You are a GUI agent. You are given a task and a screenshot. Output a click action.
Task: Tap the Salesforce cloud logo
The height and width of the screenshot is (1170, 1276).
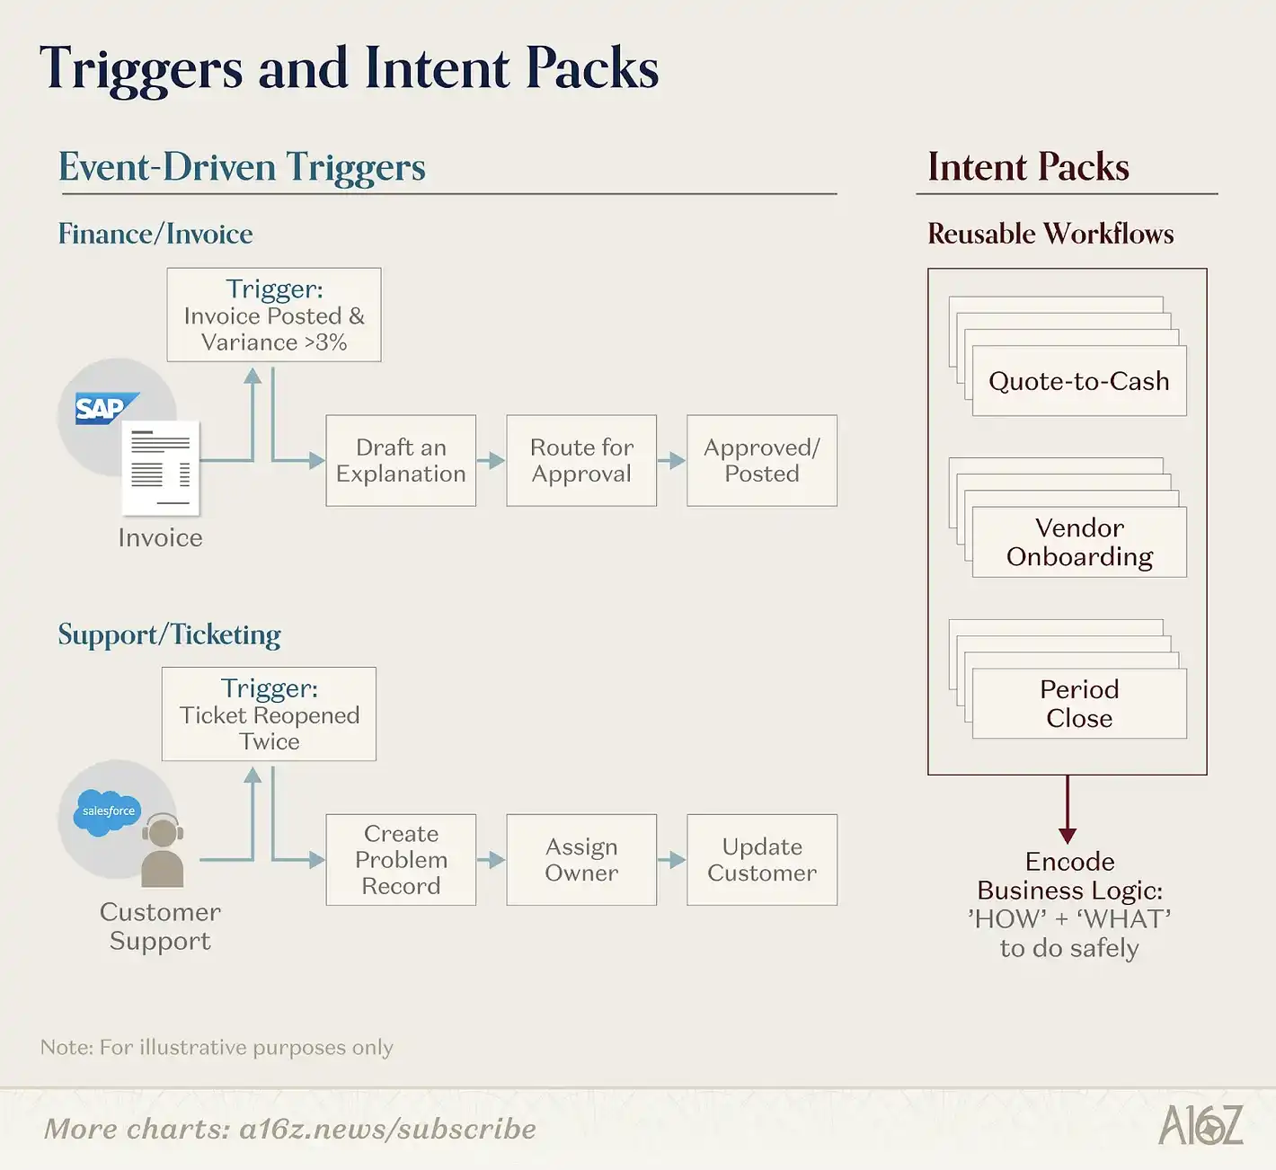108,811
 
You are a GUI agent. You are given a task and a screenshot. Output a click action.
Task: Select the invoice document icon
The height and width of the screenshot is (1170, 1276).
161,467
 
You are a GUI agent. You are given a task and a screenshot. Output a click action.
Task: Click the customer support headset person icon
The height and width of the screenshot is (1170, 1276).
163,850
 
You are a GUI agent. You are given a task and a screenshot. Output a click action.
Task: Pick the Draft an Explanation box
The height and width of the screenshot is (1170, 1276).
401,460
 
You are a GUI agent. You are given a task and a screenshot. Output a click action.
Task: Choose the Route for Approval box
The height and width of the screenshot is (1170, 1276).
581,460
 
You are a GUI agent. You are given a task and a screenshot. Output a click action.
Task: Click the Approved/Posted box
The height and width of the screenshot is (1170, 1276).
762,460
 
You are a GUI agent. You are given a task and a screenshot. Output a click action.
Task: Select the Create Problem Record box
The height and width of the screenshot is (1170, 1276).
401,859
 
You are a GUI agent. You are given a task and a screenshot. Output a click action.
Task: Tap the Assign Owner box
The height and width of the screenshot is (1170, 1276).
581,859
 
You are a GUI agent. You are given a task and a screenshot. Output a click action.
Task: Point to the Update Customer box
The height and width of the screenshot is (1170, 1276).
762,859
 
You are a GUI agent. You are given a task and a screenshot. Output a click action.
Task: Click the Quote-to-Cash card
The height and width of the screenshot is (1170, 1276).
1079,381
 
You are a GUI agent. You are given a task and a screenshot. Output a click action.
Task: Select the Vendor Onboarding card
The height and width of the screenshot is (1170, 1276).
1079,542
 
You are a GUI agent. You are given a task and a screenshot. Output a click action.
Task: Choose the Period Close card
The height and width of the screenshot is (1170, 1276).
1079,704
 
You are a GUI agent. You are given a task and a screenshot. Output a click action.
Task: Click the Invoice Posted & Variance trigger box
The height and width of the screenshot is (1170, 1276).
274,315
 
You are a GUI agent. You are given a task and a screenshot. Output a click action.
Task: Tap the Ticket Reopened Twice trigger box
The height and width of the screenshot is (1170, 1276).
269,714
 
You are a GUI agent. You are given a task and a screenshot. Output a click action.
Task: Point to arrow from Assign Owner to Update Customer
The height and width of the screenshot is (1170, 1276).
671,860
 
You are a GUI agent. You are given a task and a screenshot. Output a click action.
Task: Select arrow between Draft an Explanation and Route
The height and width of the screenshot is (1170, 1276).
491,461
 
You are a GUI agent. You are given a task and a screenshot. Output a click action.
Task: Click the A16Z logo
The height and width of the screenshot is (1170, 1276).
1201,1125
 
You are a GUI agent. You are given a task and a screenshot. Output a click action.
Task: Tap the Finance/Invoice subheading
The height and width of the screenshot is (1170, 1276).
155,234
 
